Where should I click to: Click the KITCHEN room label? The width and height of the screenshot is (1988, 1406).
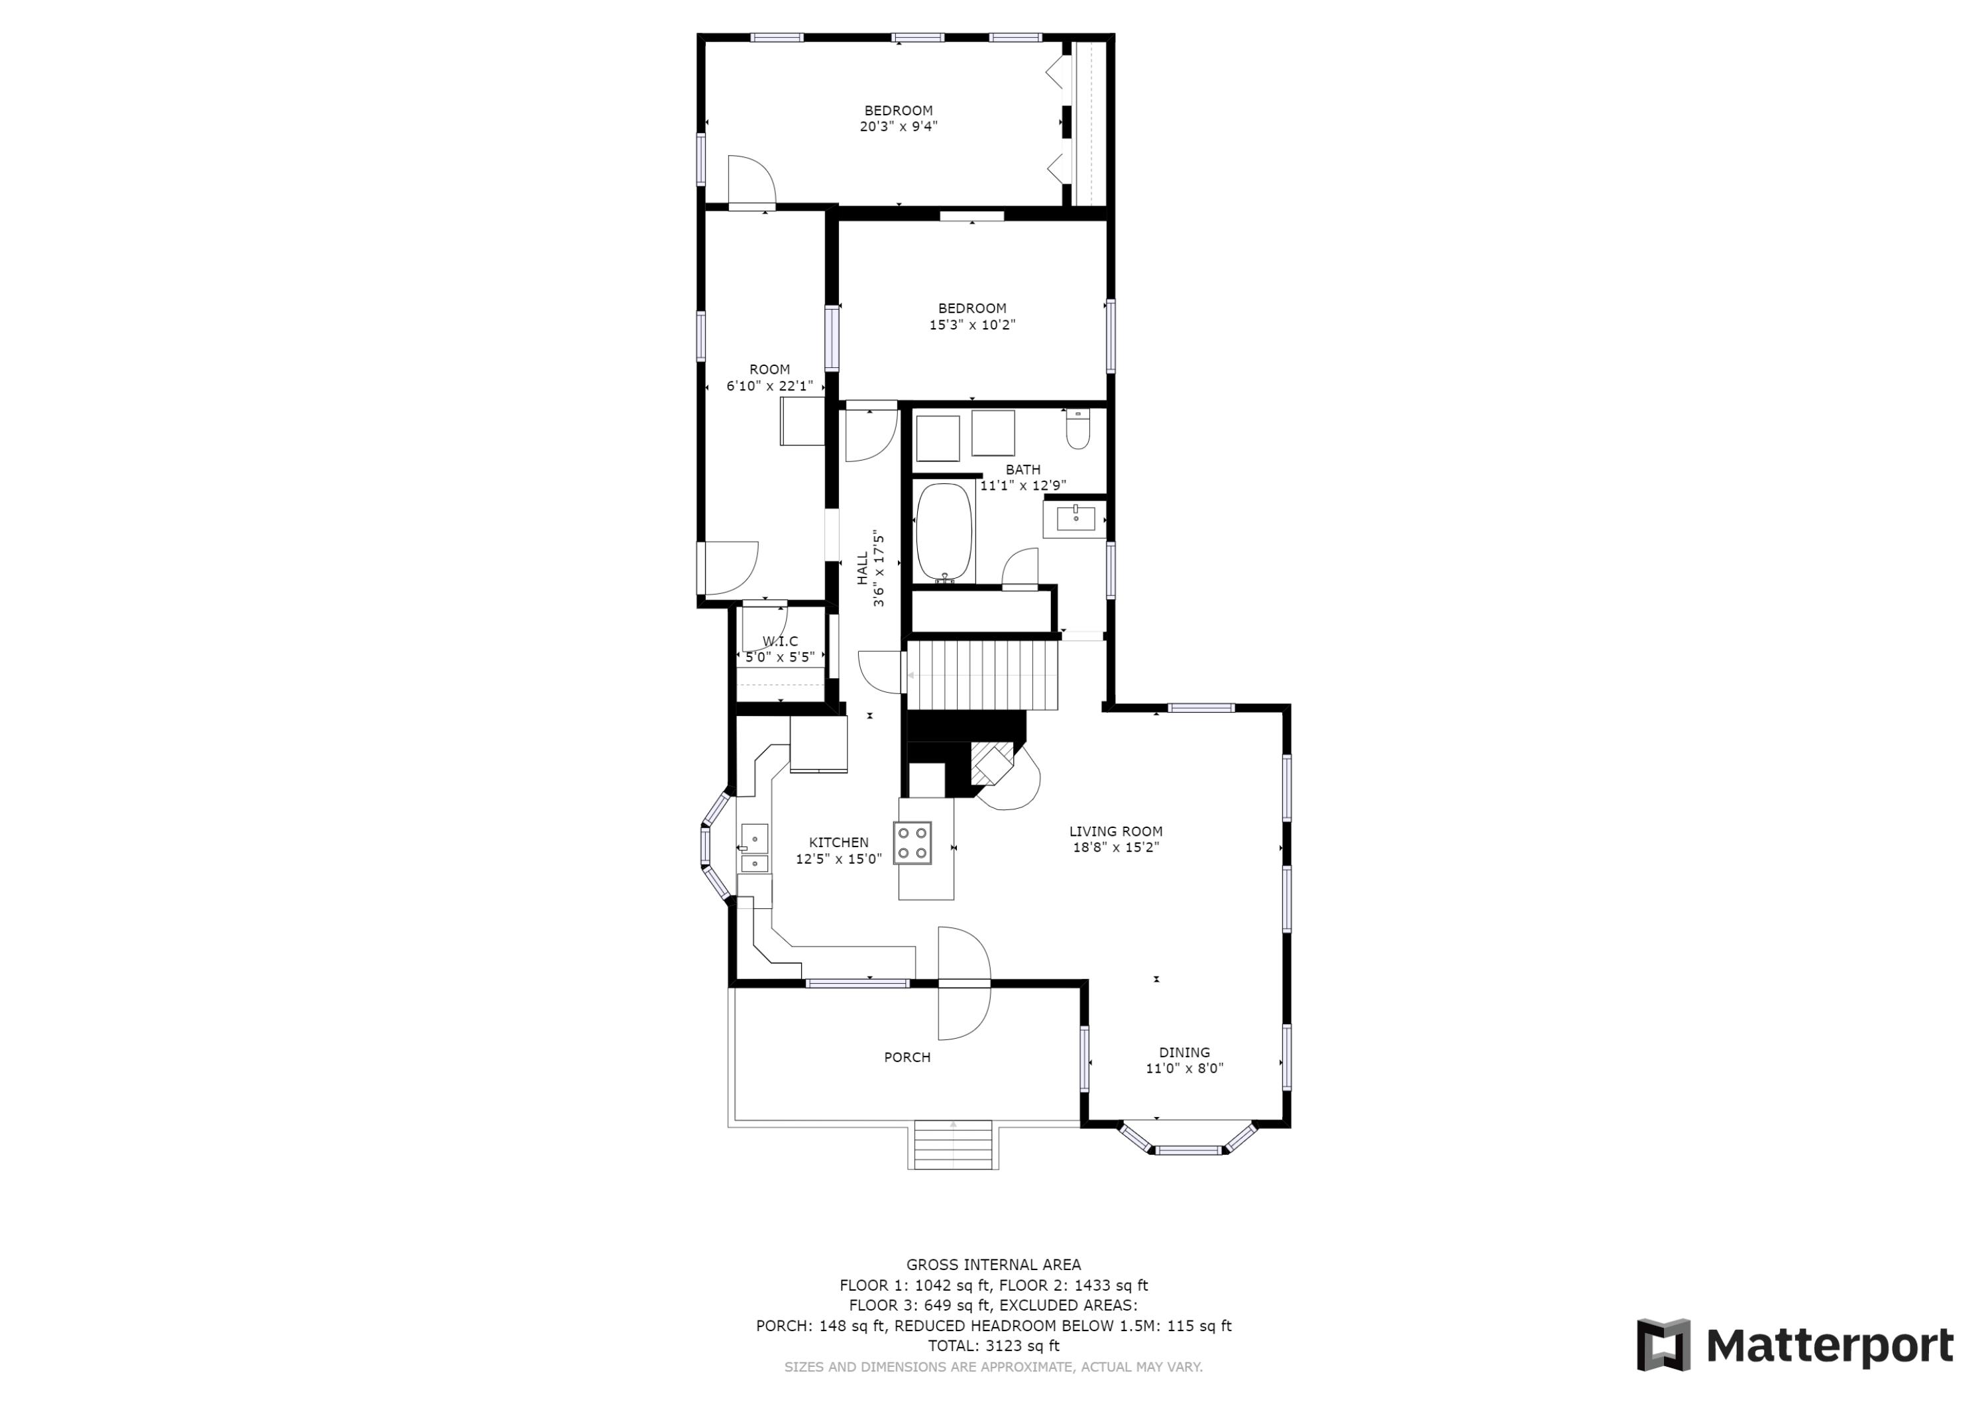838,842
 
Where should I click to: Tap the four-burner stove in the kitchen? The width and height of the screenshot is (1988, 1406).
912,843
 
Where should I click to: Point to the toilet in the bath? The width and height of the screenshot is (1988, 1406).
1078,429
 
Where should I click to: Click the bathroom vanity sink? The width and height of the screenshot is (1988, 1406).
1076,519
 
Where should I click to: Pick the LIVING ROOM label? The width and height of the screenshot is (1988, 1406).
1115,831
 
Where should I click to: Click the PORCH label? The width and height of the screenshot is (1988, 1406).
907,1057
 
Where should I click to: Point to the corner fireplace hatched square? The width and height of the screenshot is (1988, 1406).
991,763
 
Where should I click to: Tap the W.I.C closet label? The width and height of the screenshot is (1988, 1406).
780,641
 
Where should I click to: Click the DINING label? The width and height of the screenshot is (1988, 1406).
1184,1053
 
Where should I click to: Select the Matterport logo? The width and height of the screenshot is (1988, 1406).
1795,1346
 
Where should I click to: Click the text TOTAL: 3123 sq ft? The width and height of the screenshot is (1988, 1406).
993,1346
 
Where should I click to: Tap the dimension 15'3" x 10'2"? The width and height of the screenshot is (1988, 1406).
971,325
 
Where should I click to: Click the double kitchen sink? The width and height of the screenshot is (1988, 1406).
754,849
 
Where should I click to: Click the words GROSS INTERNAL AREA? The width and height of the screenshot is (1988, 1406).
993,1265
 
